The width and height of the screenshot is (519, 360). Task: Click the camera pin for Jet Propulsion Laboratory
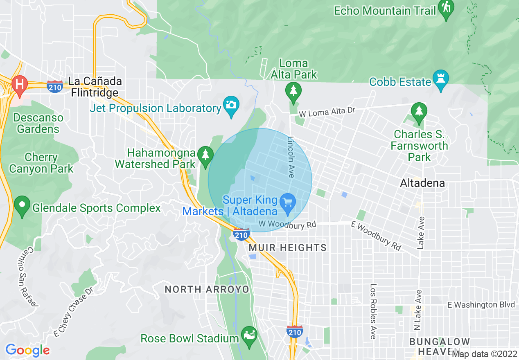tap(231, 105)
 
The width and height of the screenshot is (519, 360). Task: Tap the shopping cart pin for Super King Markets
tap(287, 202)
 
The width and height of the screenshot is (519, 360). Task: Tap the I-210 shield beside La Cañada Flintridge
tap(55, 86)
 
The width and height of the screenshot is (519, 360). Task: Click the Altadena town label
tap(422, 183)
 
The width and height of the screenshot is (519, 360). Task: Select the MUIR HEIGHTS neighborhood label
tap(288, 248)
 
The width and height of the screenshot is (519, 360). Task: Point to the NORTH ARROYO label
tap(207, 289)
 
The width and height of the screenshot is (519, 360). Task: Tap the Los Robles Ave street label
tap(373, 311)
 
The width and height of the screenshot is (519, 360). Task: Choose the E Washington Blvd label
tap(481, 305)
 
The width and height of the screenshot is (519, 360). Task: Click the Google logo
tap(27, 350)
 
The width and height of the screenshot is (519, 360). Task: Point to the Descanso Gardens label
tap(38, 123)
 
